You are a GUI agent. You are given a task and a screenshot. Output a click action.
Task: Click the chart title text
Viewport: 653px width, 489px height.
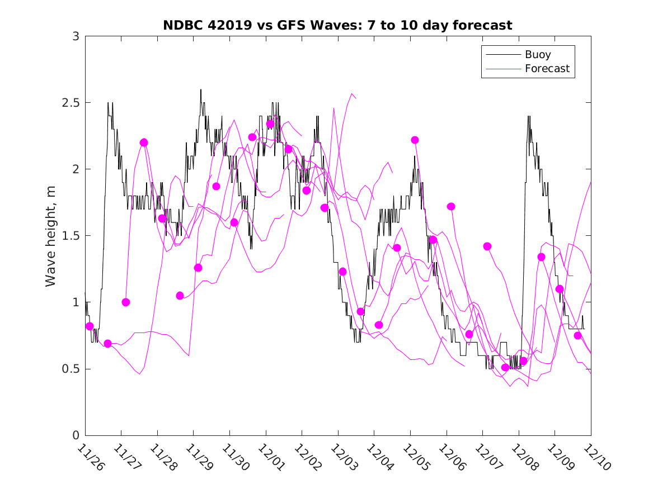337,26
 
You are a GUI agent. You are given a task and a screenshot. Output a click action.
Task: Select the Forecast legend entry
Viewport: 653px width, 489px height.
547,69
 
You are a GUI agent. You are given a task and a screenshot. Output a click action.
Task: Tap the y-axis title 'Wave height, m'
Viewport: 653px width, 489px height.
51,236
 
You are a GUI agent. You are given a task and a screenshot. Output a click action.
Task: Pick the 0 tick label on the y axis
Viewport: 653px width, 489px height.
76,435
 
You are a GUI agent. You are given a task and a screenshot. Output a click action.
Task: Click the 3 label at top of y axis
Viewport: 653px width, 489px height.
76,36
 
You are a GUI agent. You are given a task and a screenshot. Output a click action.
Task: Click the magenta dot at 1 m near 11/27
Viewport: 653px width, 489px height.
126,302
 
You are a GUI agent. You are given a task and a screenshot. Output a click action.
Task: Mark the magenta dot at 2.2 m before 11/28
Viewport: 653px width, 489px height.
144,143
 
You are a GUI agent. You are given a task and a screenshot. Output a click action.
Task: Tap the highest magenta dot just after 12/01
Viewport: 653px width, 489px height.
270,124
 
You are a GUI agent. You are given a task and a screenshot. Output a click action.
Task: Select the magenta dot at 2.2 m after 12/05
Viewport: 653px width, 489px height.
415,140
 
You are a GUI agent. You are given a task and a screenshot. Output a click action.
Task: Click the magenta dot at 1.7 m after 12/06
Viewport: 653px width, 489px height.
451,206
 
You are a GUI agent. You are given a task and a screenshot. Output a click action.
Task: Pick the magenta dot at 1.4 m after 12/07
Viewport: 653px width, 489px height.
487,246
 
